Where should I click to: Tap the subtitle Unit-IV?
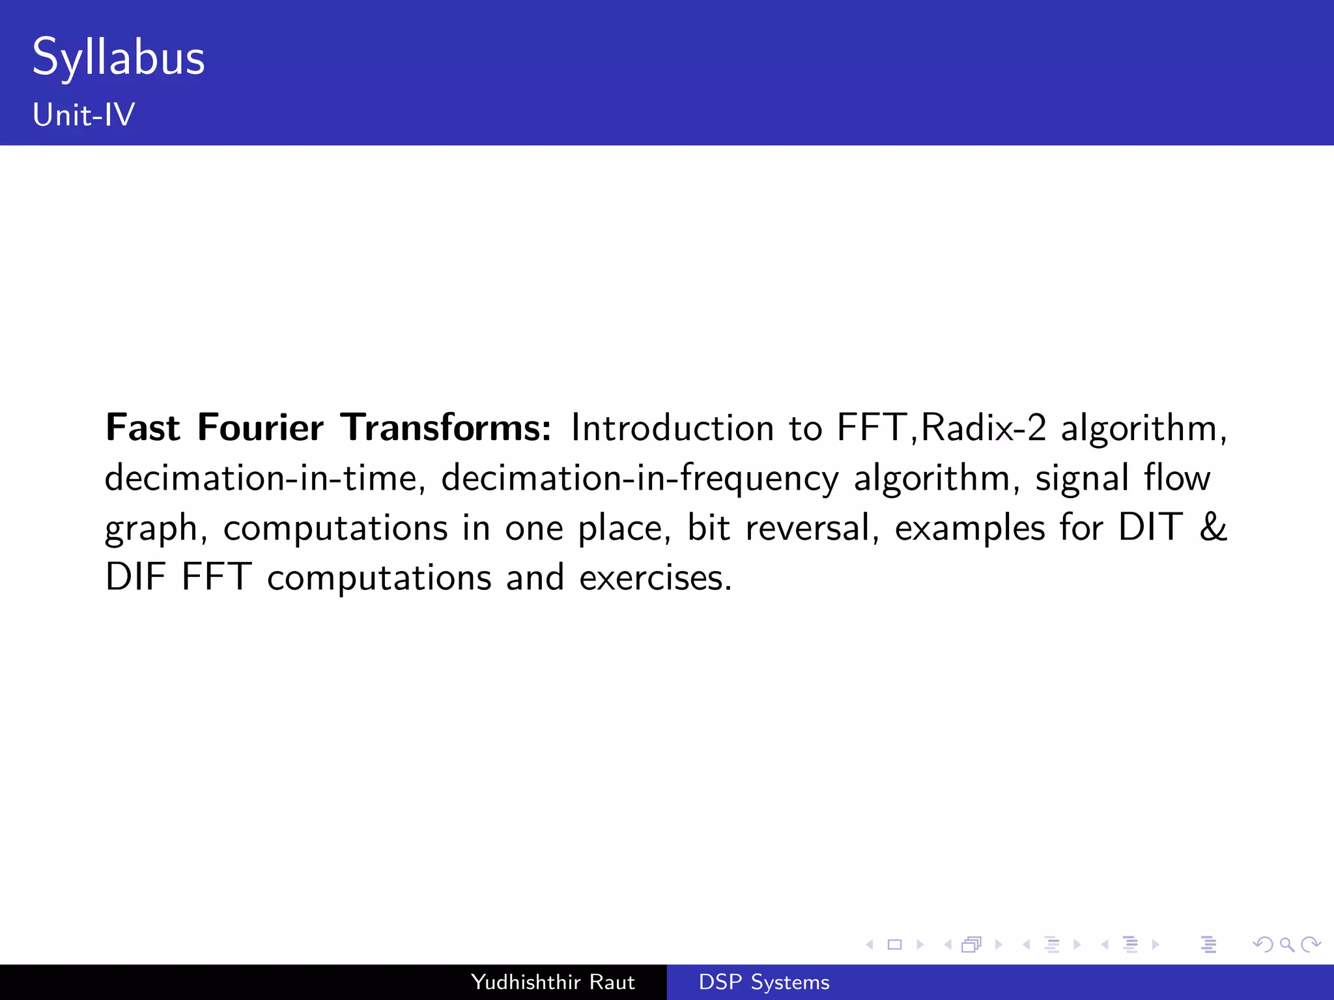[84, 115]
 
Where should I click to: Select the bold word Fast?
[143, 428]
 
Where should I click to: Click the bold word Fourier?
[260, 428]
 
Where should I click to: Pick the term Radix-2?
[984, 428]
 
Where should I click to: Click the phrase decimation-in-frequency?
[640, 478]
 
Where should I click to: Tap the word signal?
[1082, 478]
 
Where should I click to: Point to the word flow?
[1177, 478]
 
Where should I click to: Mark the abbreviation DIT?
[1150, 527]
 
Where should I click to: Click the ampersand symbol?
[1213, 527]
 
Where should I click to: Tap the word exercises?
[655, 577]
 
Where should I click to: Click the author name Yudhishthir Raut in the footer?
[552, 982]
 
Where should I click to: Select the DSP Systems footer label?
[764, 982]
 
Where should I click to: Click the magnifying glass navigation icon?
[1286, 945]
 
